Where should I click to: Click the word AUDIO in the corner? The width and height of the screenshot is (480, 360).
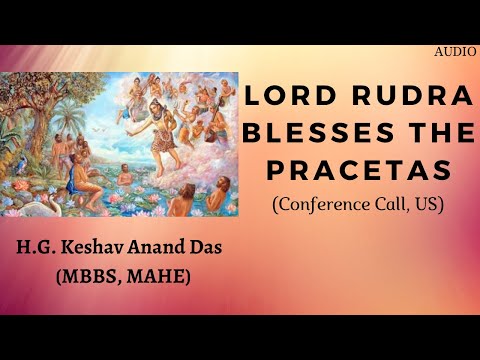(455, 49)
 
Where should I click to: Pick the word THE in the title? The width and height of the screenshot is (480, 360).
(415, 135)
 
